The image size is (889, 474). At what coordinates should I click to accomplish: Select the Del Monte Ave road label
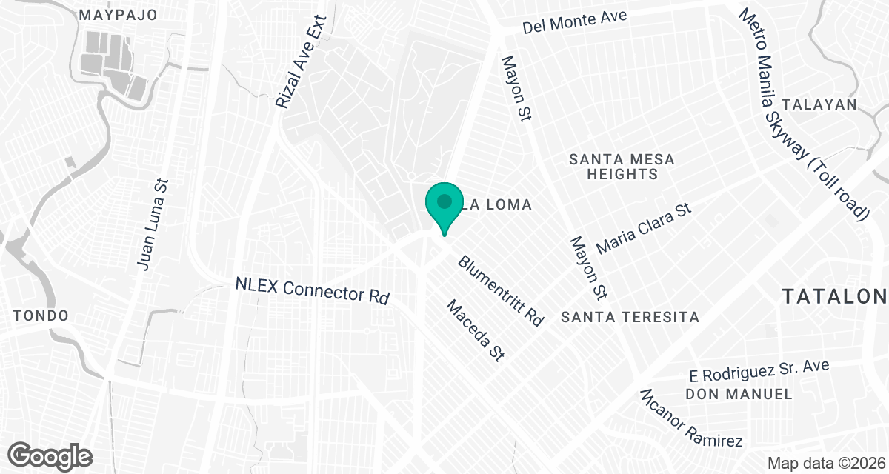coord(574,21)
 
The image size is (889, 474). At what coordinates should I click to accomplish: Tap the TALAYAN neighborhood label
coord(824,104)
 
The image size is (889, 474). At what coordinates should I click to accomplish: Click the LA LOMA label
coord(498,205)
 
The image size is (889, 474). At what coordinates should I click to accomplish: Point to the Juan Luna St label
coord(153,224)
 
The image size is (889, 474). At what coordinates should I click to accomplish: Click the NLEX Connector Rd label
coord(312,290)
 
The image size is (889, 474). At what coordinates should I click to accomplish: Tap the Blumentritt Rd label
coord(501,291)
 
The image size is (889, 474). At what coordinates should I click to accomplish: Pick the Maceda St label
coord(475,330)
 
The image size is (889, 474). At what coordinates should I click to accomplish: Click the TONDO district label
coord(41,316)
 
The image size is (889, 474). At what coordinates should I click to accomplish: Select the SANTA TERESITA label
coord(630,317)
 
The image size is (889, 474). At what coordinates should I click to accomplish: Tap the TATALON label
coord(835,297)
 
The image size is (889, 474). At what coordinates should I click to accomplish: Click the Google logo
coord(50,453)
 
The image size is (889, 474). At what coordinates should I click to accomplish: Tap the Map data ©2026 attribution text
coord(824,463)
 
